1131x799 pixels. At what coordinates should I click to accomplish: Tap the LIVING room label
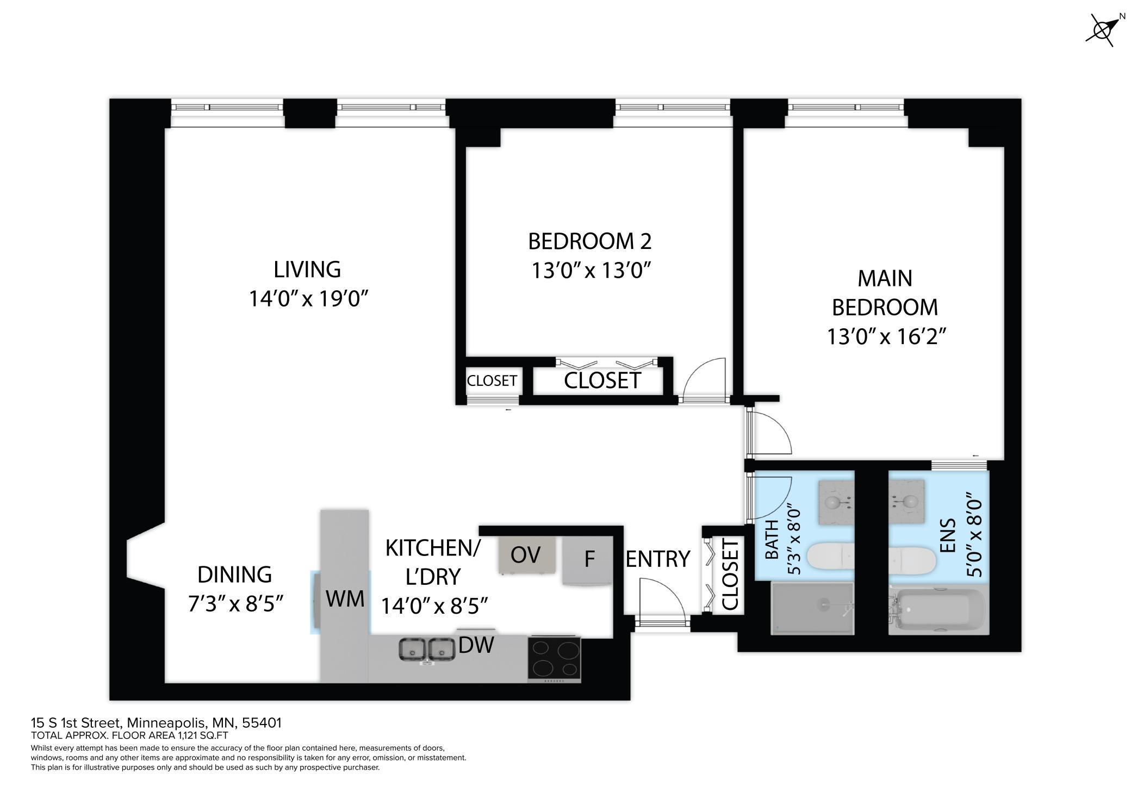(307, 270)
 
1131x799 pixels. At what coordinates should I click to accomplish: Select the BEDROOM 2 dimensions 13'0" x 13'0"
(591, 270)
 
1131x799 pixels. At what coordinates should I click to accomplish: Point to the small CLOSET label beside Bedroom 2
(492, 381)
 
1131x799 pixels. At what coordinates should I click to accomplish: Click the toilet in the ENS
(912, 559)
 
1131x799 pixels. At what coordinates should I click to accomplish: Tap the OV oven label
(526, 555)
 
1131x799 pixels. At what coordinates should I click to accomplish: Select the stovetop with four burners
(554, 659)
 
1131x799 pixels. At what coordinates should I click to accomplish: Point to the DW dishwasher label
(476, 645)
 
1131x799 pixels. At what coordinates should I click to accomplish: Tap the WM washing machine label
(345, 598)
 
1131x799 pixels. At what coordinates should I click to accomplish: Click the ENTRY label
(658, 559)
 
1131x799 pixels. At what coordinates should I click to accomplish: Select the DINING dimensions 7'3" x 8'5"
(236, 603)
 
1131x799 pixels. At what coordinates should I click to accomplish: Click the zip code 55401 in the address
(262, 723)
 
